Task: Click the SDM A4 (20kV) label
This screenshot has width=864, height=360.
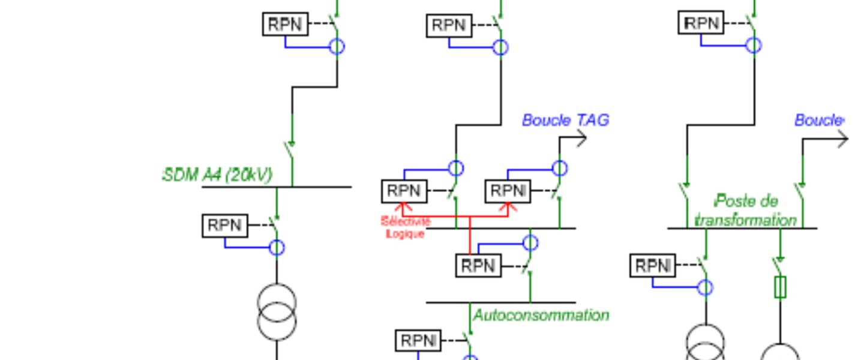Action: click(x=217, y=175)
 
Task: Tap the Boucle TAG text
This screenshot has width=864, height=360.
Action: click(x=565, y=120)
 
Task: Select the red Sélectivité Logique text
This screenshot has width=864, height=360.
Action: click(x=406, y=228)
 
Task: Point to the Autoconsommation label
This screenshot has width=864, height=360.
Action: click(x=541, y=315)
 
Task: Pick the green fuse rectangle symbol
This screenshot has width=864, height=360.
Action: click(x=780, y=287)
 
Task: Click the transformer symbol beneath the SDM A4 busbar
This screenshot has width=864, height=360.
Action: click(x=277, y=313)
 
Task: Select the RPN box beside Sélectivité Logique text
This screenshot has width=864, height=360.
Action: click(x=404, y=191)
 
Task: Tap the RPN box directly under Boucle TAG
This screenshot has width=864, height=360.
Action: click(x=508, y=191)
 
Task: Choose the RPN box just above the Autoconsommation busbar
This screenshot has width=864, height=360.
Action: click(x=478, y=265)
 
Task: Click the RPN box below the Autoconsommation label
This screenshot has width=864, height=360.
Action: click(x=418, y=340)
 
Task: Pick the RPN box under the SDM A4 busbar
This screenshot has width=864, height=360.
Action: click(x=225, y=226)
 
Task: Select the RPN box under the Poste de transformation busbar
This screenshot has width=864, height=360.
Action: click(x=652, y=265)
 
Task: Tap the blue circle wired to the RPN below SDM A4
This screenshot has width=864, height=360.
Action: click(x=277, y=247)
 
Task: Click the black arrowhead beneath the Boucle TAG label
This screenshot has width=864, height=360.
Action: click(x=582, y=139)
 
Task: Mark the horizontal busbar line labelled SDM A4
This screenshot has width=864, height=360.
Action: click(x=276, y=187)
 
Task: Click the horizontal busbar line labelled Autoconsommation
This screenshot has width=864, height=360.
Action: click(x=501, y=302)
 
